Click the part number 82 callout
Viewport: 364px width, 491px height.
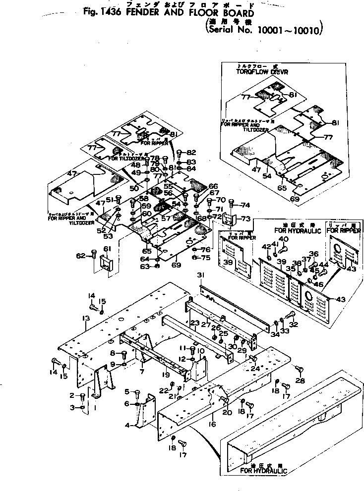point(192,152)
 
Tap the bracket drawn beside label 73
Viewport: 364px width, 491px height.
point(228,218)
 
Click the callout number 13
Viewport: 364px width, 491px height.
point(85,318)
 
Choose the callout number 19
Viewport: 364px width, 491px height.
point(166,375)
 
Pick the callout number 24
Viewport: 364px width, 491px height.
point(255,369)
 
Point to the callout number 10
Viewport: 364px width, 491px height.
point(201,351)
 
